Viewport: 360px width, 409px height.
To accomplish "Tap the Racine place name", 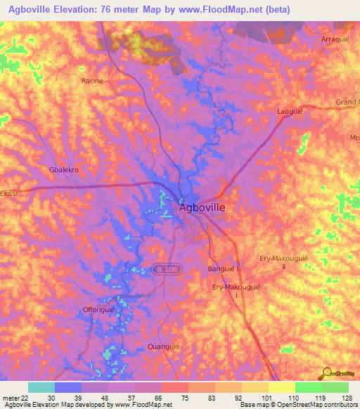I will click(x=92, y=81).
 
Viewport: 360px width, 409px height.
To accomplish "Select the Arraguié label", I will click(x=335, y=40).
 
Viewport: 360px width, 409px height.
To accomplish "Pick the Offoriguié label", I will click(x=98, y=309).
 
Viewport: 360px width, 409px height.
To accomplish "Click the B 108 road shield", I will click(x=162, y=269).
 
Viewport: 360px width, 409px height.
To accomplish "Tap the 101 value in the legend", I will click(x=257, y=397).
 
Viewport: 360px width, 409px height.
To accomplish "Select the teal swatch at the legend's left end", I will click(x=41, y=387).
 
